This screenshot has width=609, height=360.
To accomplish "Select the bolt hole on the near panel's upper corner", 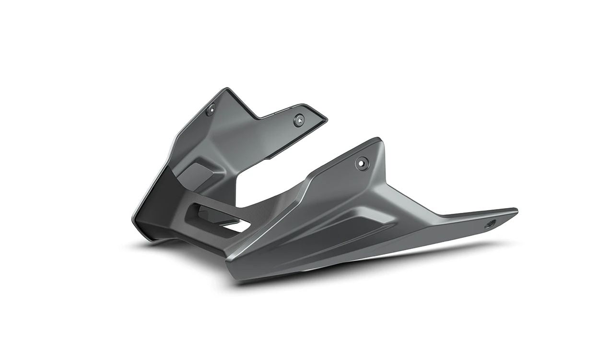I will (362, 163).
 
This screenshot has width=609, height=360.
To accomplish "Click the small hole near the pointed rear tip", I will (489, 224).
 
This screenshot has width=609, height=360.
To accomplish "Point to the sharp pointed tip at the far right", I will (516, 210).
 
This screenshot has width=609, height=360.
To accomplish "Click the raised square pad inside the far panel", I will (199, 173).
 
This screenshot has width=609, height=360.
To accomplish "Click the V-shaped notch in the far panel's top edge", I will (258, 118).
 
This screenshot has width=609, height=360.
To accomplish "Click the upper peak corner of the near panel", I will (379, 139).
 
